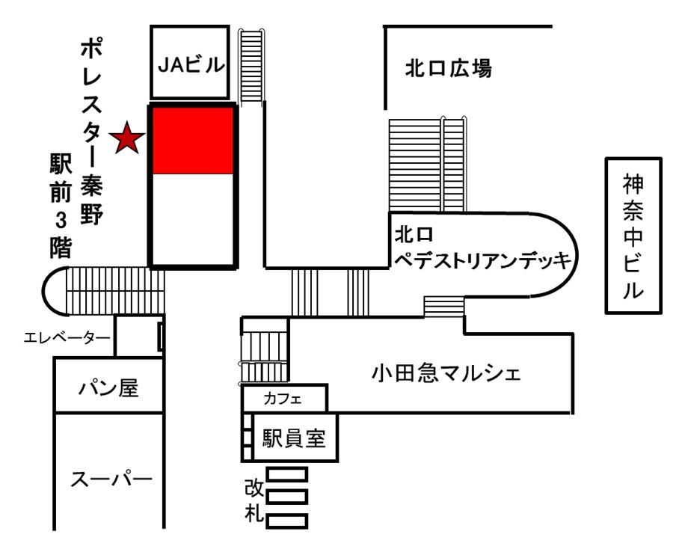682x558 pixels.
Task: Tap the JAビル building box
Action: point(190,64)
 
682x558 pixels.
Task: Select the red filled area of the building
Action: point(194,140)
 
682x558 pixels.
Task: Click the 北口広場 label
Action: point(449,69)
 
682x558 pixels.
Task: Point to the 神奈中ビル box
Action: point(633,235)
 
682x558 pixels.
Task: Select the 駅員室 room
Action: point(293,438)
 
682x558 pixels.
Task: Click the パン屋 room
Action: point(110,388)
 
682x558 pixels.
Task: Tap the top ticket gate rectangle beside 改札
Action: point(287,473)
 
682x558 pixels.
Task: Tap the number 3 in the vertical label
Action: point(58,222)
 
